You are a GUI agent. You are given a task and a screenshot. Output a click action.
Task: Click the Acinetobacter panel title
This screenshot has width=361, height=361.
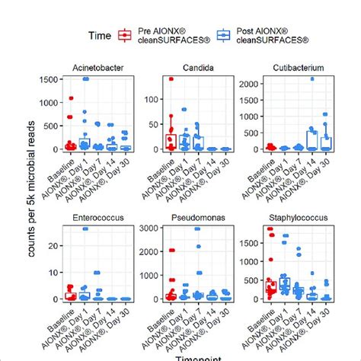(88, 68)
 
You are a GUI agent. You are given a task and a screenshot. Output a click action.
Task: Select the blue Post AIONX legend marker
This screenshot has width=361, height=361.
(222, 34)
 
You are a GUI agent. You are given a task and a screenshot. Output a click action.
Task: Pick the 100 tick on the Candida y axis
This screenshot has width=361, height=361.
(152, 98)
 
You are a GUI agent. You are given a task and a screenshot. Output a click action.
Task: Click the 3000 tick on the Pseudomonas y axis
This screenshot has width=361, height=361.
(149, 228)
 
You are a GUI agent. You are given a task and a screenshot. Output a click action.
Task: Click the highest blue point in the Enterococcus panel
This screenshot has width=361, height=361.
(85, 228)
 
